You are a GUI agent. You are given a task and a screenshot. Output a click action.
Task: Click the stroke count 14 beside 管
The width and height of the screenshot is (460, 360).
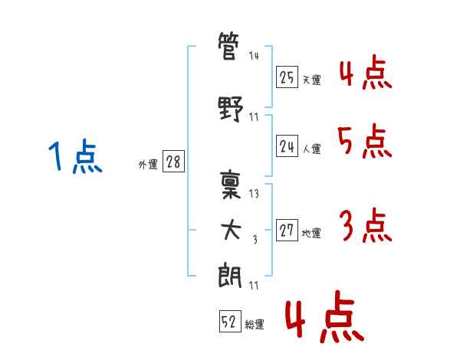coord(254,56)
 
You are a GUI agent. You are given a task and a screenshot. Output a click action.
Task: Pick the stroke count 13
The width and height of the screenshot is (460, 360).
coord(254,193)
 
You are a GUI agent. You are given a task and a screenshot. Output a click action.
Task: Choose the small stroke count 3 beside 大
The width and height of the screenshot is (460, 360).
coord(255,240)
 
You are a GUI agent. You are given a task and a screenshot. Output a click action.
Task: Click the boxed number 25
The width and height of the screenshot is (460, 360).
coord(287,77)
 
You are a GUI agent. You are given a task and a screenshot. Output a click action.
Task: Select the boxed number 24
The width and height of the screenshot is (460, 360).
coord(287,146)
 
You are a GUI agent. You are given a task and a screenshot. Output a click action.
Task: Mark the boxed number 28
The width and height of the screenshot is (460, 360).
coord(173,162)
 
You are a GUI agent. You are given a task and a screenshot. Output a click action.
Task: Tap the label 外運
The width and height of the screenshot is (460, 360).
coord(147,164)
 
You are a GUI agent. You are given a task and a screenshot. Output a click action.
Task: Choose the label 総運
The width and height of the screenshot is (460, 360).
coord(255,325)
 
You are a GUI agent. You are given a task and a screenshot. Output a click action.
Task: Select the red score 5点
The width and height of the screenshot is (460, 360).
coord(363,142)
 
